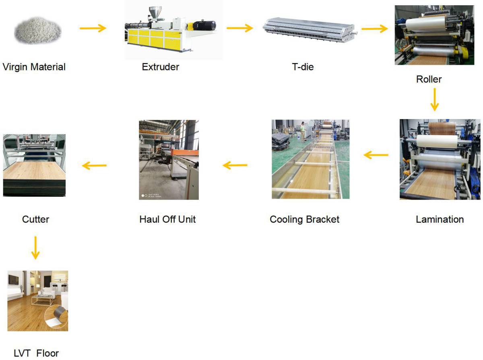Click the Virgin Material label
(x=34, y=67)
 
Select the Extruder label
(x=160, y=67)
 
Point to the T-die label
(x=303, y=67)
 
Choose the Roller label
(x=429, y=79)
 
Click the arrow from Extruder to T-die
(x=239, y=28)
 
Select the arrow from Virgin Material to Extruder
(x=93, y=28)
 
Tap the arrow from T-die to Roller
(x=374, y=29)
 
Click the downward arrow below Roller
(x=434, y=99)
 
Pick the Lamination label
(x=440, y=220)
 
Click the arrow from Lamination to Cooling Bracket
(x=376, y=155)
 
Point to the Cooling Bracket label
(x=304, y=220)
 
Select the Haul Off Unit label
(x=167, y=220)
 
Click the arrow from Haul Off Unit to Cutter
(x=94, y=165)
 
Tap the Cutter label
(x=36, y=220)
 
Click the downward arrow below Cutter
(x=35, y=247)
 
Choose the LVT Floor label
(x=36, y=354)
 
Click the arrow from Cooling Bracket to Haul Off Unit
(x=235, y=165)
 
